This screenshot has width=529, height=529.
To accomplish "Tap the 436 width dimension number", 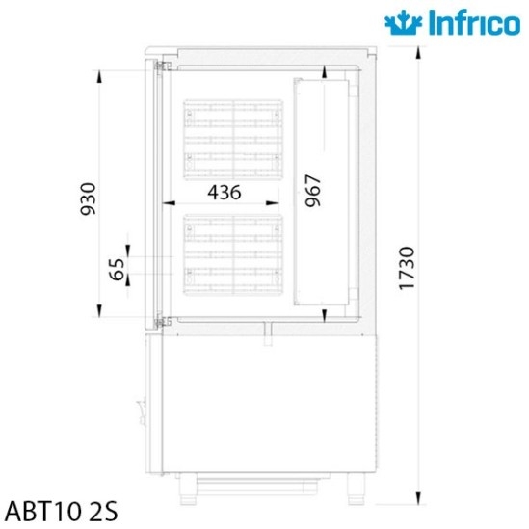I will [224, 192].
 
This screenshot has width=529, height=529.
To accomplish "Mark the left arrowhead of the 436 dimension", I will [166, 203].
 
